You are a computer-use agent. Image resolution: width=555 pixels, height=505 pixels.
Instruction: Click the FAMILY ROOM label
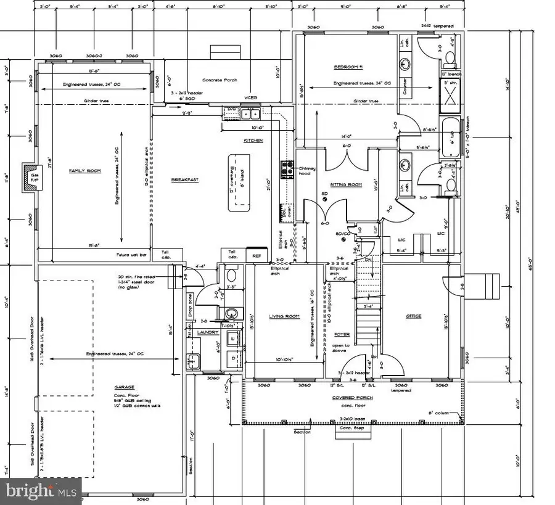point(85,171)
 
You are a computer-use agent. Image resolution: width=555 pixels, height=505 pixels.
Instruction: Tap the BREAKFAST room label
point(184,179)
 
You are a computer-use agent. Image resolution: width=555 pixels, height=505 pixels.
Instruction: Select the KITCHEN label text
point(253,141)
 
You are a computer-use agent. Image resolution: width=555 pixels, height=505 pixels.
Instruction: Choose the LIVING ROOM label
point(284,316)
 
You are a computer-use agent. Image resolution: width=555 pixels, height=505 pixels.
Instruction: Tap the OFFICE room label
point(413,316)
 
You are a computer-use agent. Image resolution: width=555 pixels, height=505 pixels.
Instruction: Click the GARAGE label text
point(124,387)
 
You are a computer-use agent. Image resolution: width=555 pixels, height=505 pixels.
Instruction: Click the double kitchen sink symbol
point(250,113)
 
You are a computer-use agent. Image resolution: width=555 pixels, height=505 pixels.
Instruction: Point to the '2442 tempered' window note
point(437,27)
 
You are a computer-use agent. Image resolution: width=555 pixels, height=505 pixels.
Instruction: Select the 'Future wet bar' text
point(131,253)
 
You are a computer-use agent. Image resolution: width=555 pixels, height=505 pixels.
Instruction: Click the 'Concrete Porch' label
point(220,80)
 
